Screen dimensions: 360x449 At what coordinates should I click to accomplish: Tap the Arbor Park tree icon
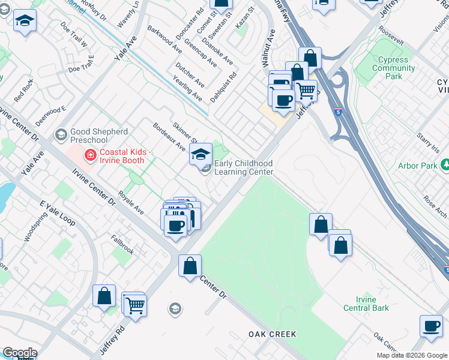(445, 164)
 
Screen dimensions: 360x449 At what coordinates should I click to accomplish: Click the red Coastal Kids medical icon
(90, 156)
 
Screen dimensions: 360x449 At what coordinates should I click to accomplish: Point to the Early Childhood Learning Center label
(243, 168)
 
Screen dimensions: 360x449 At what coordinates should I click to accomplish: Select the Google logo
(20, 353)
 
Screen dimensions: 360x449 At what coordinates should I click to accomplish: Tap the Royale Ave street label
(131, 203)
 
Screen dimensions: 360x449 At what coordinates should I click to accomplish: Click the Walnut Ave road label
(267, 55)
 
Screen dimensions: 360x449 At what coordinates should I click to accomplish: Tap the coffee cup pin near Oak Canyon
(430, 326)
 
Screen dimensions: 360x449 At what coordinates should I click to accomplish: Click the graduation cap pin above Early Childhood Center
(200, 154)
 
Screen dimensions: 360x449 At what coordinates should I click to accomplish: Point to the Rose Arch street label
(436, 206)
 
